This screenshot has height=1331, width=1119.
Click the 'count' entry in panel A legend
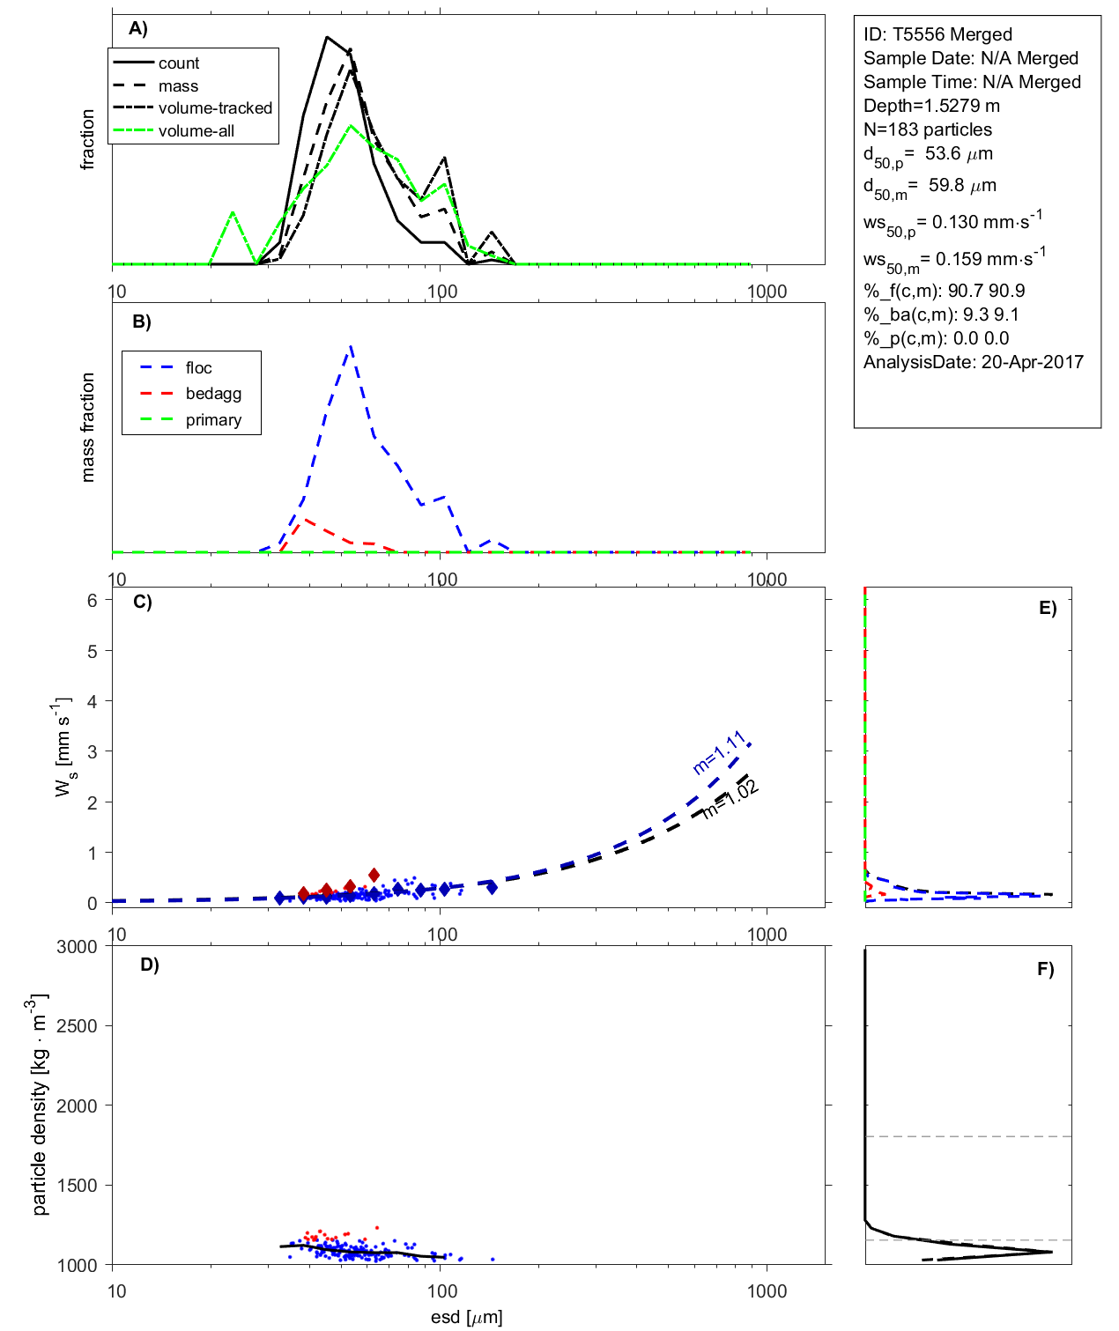[x=179, y=63]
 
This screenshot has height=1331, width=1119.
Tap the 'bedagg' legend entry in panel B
[x=213, y=394]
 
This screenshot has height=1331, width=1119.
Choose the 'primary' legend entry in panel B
[x=213, y=420]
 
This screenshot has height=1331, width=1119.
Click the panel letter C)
[x=142, y=603]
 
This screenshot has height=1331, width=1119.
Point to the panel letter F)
[x=1046, y=970]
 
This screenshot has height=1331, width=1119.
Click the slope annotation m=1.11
[x=720, y=753]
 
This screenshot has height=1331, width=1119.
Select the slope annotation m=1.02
[x=731, y=800]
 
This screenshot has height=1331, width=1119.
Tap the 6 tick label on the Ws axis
[x=93, y=601]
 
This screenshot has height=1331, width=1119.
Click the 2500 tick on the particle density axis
[x=77, y=1026]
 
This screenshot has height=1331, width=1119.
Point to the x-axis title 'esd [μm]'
[x=466, y=1317]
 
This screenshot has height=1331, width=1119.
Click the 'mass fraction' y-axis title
[x=87, y=427]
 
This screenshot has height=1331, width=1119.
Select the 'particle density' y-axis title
[x=40, y=1105]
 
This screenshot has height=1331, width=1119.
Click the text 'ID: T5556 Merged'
[x=937, y=34]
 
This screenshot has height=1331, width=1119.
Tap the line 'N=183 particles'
[x=927, y=129]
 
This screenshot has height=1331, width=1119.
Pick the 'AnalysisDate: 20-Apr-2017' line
[x=973, y=362]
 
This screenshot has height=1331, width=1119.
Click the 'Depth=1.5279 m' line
[x=931, y=106]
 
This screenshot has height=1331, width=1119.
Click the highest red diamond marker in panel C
[x=374, y=875]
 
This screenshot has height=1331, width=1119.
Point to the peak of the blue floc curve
[x=352, y=346]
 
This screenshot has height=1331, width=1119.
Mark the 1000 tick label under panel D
[x=767, y=1291]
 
